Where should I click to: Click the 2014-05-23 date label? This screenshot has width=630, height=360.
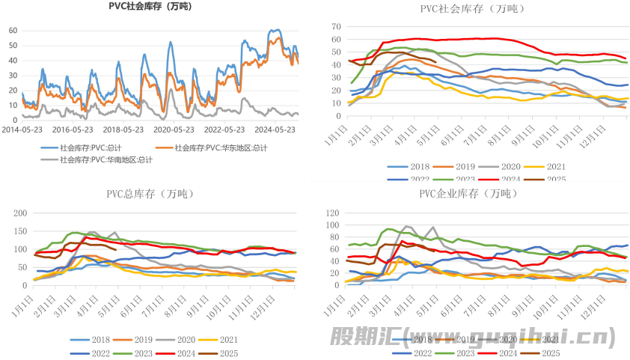24,128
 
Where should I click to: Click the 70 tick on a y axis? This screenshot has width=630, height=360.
337,26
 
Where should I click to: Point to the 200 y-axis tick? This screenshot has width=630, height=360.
23,213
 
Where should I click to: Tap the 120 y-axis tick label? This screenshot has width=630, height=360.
337,213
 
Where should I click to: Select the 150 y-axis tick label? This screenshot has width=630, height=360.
23,231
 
